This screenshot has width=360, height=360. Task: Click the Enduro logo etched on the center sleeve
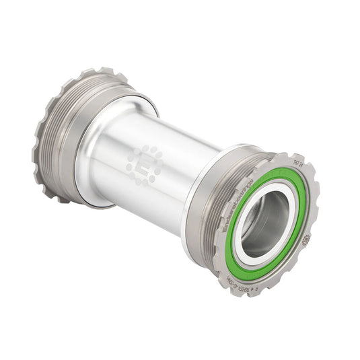click(144, 164)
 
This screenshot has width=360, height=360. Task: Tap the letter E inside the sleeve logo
click(144, 164)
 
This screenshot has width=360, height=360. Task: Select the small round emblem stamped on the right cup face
click(305, 238)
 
